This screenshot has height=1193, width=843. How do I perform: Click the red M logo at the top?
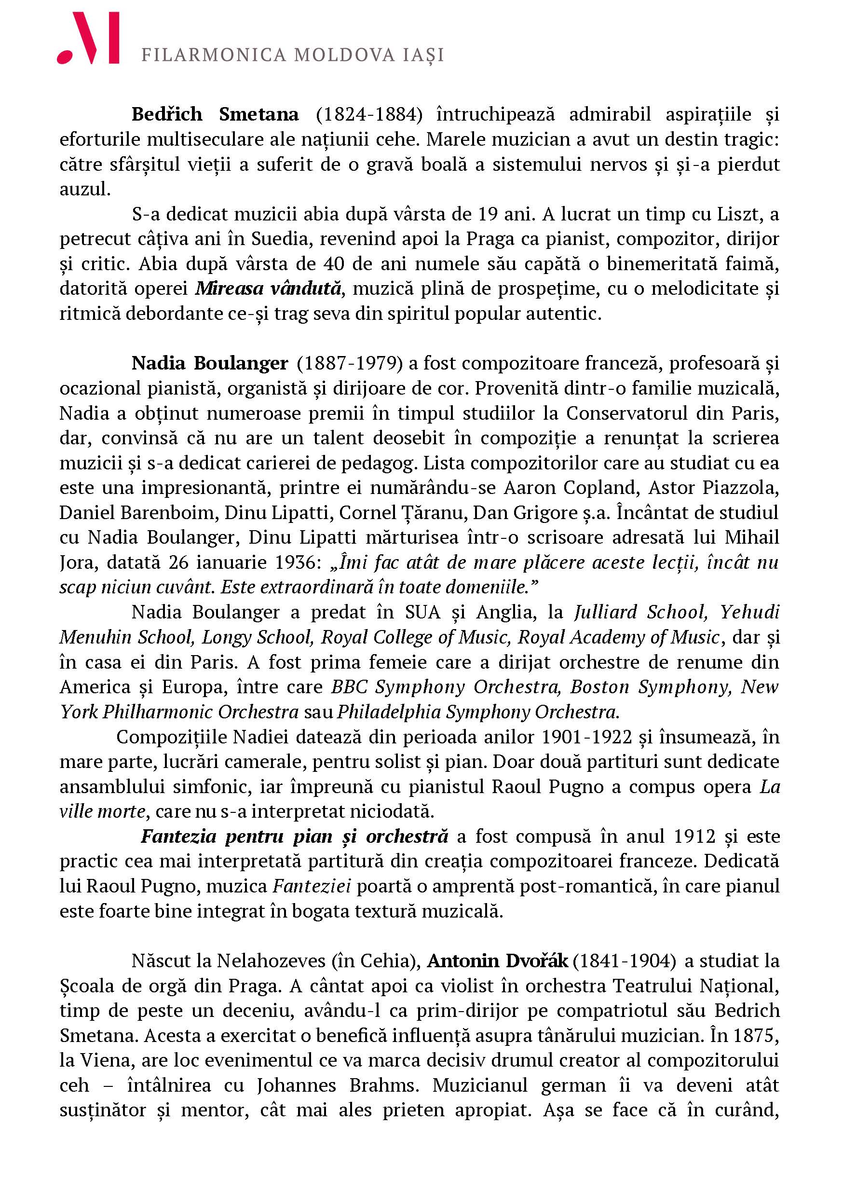click(x=88, y=39)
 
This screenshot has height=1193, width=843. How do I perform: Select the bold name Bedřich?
click(x=167, y=114)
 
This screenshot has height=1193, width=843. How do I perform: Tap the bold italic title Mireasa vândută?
click(x=269, y=289)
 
